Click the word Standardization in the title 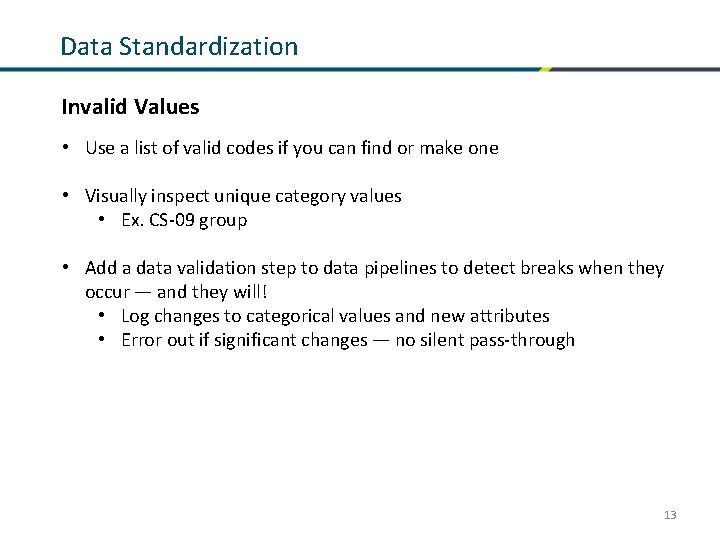210,46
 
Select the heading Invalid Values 130,105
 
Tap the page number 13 670,515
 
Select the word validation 208,268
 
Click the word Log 135,316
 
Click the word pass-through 520,340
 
